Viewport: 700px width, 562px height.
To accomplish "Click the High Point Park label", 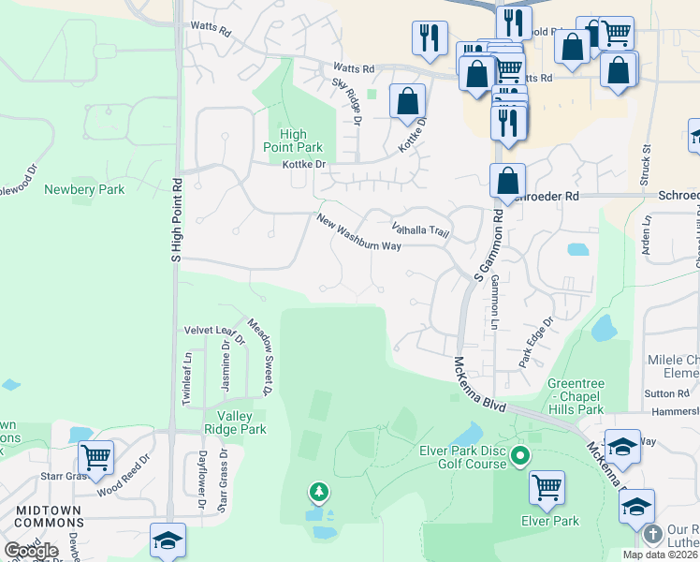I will point(293,140).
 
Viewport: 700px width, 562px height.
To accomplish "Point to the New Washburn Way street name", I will point(358,233).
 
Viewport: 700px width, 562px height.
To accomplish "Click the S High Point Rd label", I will point(174,219).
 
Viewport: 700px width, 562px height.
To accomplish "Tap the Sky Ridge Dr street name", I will point(346,101).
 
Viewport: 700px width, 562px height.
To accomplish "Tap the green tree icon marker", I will point(319,491).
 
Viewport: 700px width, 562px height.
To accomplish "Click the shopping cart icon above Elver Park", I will point(546,486).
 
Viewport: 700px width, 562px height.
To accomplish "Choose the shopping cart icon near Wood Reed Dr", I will point(95,456).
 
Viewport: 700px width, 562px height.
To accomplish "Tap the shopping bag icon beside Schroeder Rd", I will point(506,179).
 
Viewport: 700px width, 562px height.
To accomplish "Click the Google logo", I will point(31,551).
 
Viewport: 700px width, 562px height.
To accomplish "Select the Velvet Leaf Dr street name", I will point(213,329).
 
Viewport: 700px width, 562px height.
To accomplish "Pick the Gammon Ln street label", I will point(493,303).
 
